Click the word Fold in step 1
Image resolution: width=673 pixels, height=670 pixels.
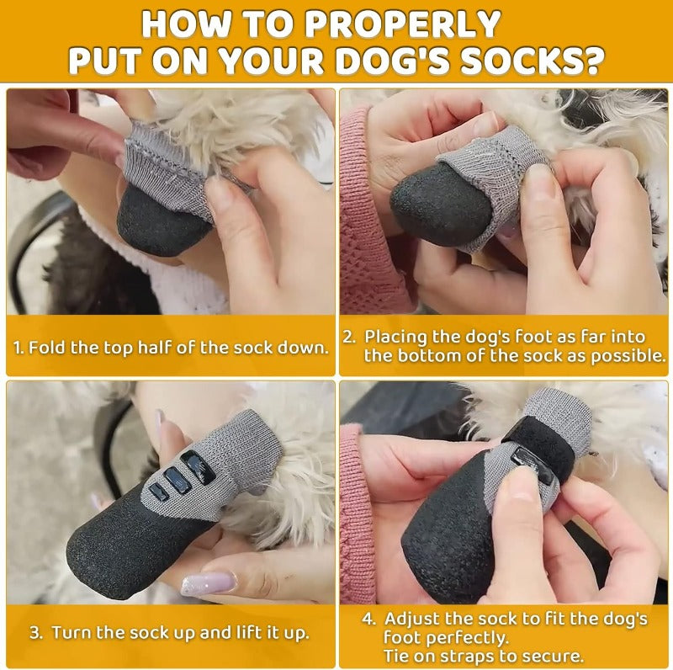click(47, 347)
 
